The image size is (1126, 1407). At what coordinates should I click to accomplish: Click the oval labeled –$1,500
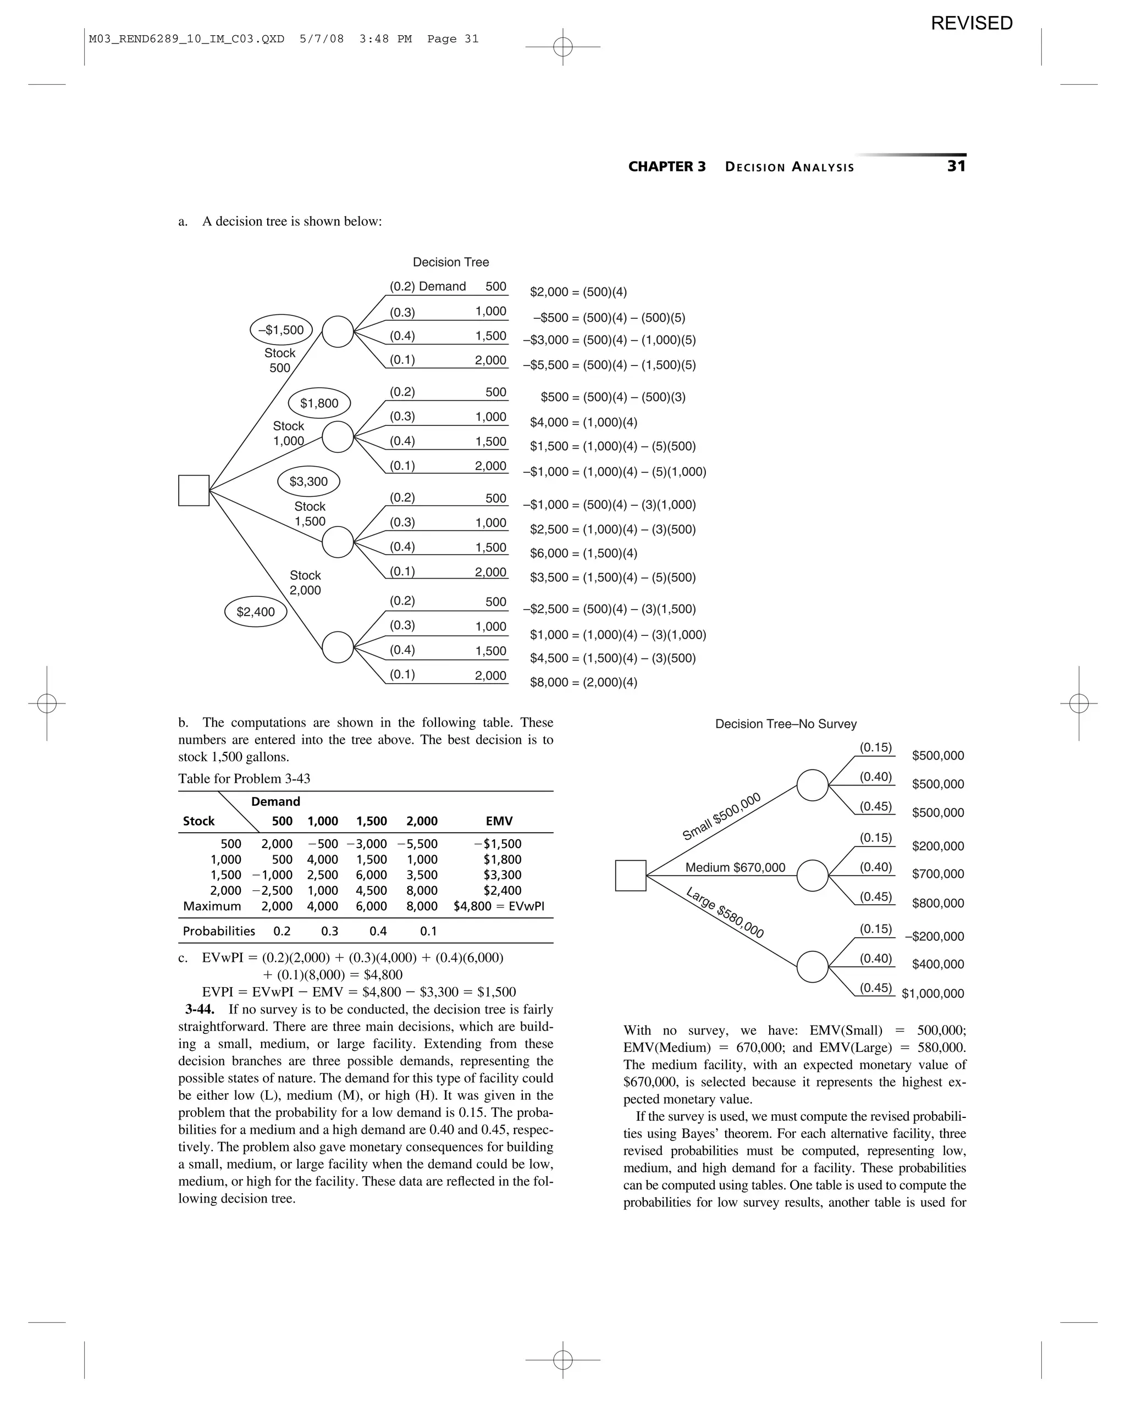tap(281, 330)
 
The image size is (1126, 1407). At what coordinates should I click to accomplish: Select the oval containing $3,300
tap(309, 481)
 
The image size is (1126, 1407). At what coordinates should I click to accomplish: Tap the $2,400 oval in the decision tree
tap(256, 612)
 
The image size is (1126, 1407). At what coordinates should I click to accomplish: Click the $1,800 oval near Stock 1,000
tap(319, 403)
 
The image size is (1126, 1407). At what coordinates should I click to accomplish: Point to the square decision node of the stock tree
tap(194, 490)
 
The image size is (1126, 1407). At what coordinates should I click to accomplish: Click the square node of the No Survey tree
tap(631, 875)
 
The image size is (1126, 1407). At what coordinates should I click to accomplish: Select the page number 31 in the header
tap(956, 167)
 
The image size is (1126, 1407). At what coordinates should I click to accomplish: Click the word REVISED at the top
tap(972, 24)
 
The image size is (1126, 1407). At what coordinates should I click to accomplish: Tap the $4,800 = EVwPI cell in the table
tap(499, 906)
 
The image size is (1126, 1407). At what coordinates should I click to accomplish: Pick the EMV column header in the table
tap(499, 821)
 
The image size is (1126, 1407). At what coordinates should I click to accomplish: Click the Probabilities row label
tap(219, 931)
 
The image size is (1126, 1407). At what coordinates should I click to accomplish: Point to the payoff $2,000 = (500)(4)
tap(578, 292)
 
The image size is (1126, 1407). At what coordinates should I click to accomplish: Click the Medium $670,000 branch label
tap(735, 867)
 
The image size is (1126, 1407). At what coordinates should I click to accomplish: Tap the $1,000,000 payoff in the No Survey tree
tap(933, 993)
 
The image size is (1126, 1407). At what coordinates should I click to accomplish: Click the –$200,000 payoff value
tap(934, 937)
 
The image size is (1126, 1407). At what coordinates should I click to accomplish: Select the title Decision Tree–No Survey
tap(786, 724)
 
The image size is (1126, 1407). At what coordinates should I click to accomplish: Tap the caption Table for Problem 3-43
tap(244, 779)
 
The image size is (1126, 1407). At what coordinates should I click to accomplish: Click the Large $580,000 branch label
tap(725, 912)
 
